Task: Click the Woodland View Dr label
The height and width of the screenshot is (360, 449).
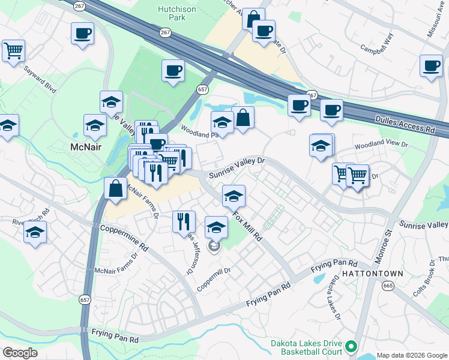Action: pos(381,145)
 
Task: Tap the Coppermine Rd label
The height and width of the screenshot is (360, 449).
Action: pos(124,238)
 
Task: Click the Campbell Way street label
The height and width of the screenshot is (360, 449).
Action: pos(377,41)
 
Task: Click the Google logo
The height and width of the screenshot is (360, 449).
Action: pos(20,352)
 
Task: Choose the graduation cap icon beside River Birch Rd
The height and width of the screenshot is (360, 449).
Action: pos(35,231)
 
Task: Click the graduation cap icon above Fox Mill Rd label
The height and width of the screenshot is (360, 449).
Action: pos(234,194)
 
